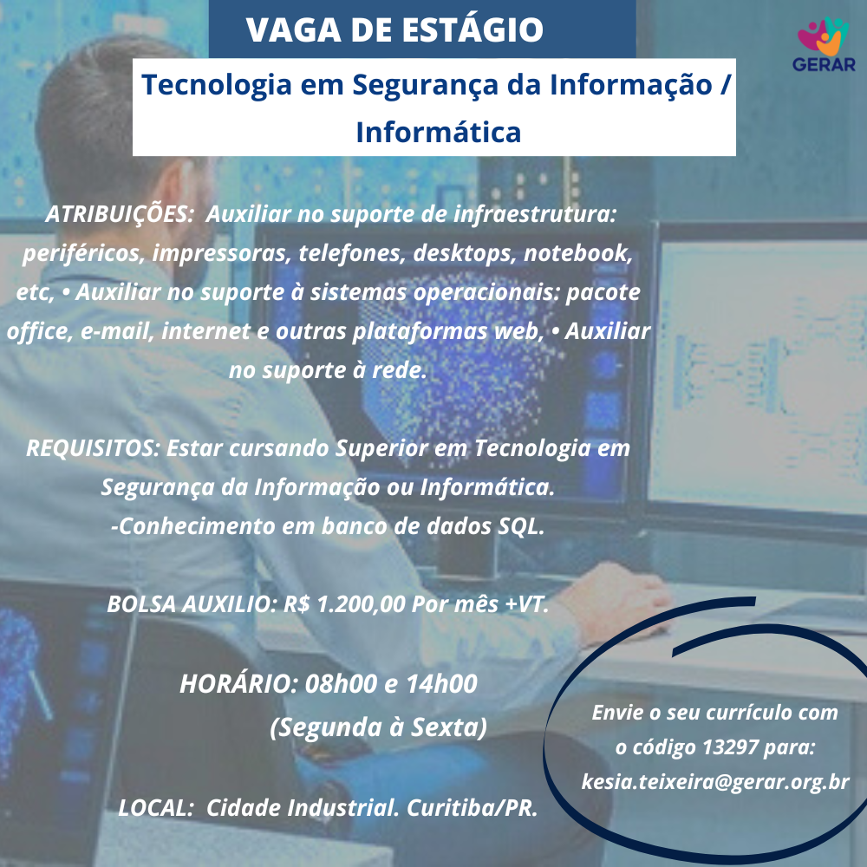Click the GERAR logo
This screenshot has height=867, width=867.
(824, 45)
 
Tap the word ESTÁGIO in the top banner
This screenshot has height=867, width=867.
(473, 29)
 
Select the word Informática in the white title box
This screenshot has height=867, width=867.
(439, 132)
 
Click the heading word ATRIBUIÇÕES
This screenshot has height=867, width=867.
(119, 214)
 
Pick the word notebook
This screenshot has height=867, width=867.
(577, 252)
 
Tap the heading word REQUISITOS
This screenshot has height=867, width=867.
(93, 448)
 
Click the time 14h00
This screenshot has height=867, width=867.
(441, 684)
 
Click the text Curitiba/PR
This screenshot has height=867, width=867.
(473, 808)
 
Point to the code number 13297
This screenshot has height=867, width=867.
(730, 747)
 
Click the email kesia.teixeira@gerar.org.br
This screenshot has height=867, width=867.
(715, 782)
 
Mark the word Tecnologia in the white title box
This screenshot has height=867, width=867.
(216, 86)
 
